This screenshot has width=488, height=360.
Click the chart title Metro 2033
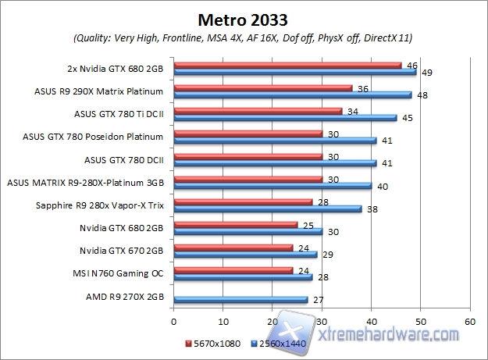(x=244, y=18)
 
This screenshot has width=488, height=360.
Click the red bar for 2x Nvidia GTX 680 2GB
(x=287, y=66)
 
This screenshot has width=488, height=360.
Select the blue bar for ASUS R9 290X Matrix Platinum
(x=292, y=94)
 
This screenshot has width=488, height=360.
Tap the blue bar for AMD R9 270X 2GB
(x=240, y=299)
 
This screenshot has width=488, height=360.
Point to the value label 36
(x=362, y=88)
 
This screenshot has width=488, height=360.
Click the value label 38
(x=372, y=209)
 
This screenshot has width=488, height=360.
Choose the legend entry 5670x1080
(x=213, y=343)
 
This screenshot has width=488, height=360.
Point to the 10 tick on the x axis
(x=223, y=320)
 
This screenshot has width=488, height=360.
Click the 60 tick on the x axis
(x=470, y=320)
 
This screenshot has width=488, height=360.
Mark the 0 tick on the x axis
(x=174, y=320)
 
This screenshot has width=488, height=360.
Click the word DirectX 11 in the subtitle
(x=386, y=37)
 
